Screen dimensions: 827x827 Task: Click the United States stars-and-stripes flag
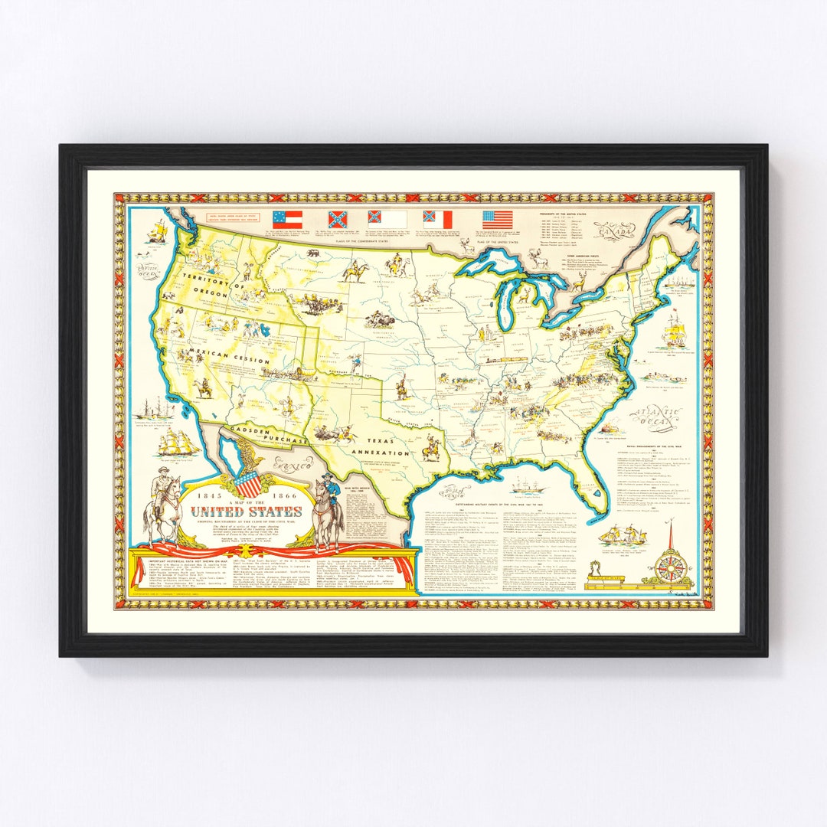tap(497, 220)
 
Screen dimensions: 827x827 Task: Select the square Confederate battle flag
tap(337, 221)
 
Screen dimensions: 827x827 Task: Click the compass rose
tap(673, 567)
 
